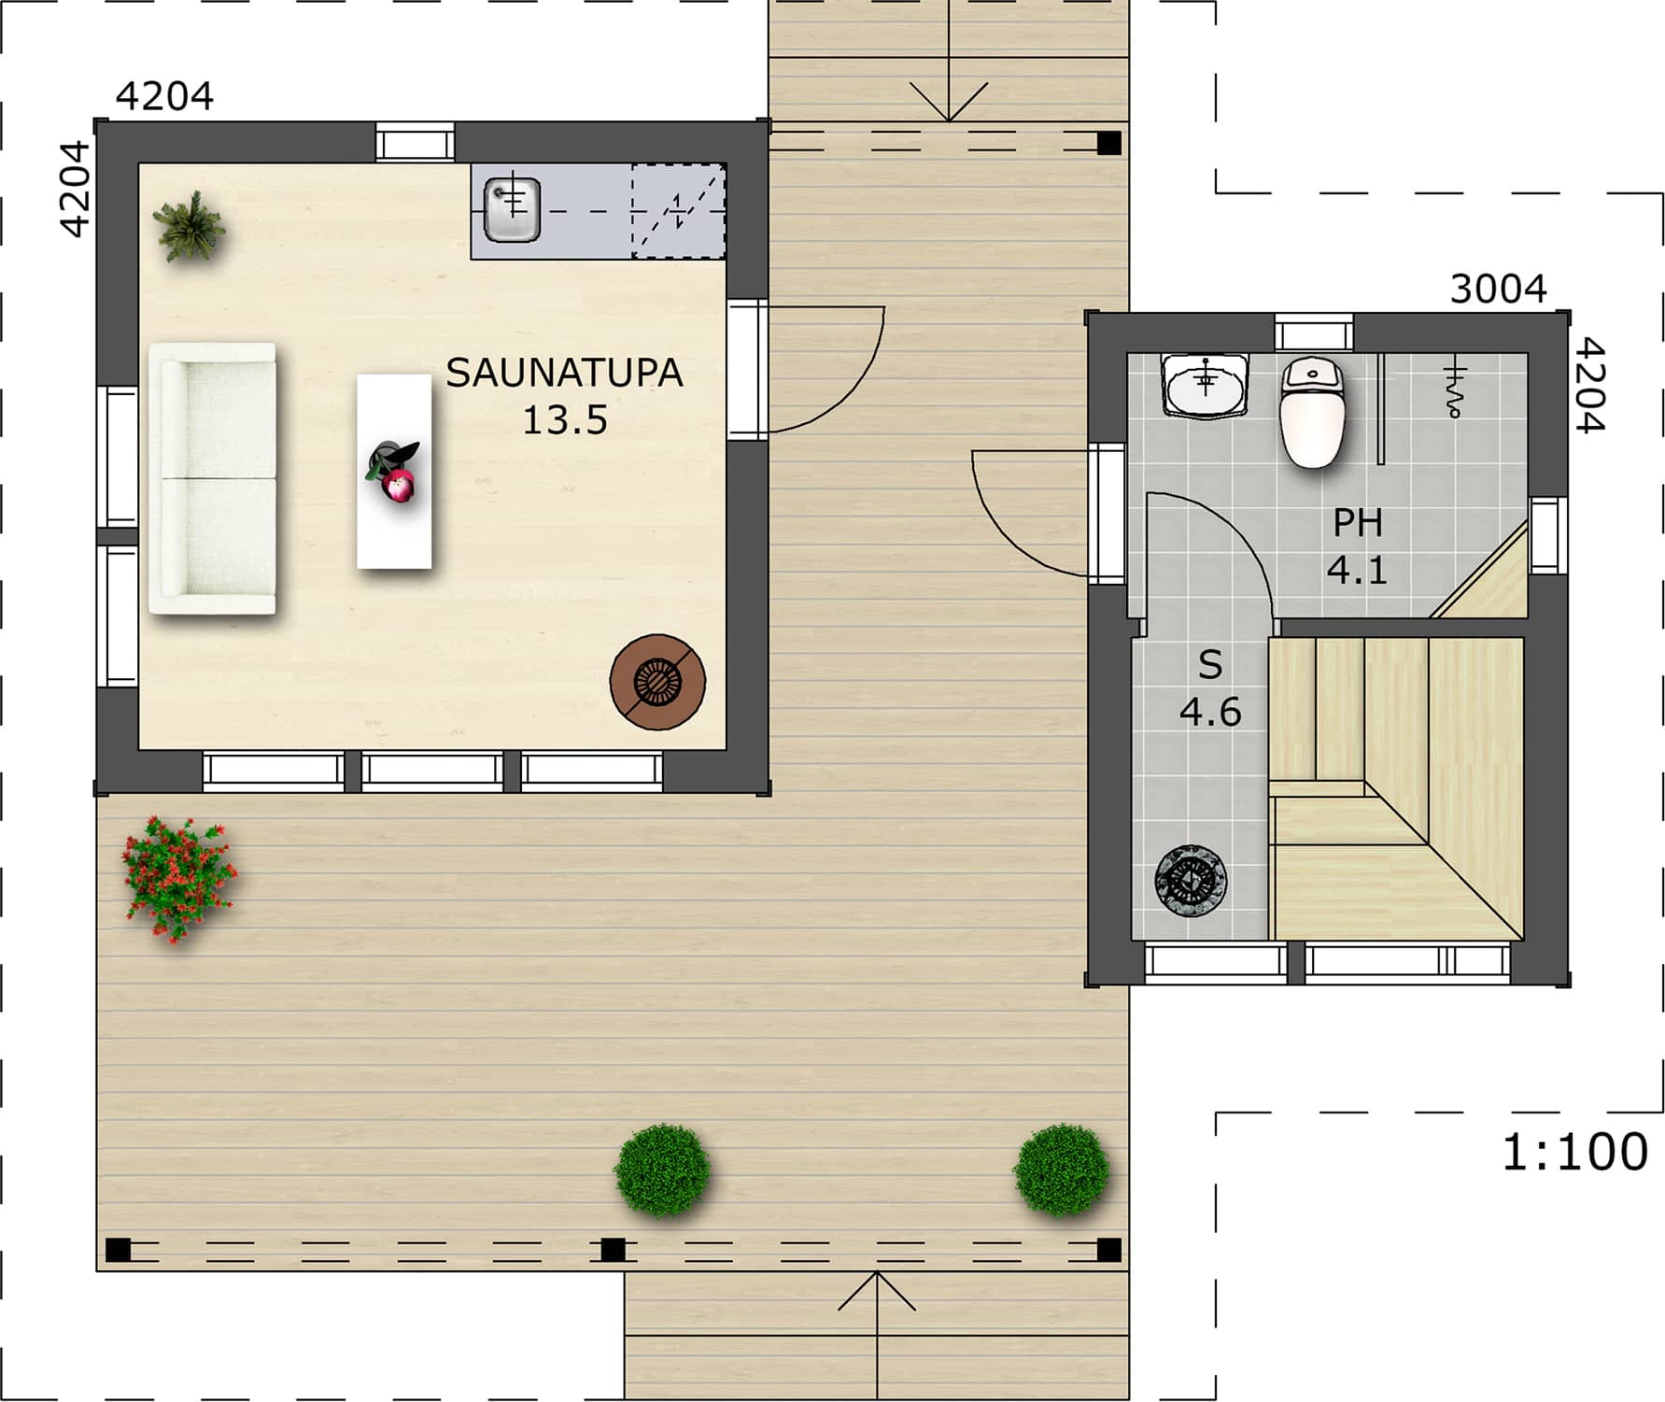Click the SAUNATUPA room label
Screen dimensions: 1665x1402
(564, 374)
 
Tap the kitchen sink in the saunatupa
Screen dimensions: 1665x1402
(512, 209)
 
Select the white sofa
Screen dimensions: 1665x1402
(213, 479)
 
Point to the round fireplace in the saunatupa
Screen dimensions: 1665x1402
(657, 682)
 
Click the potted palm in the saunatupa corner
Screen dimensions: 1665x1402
(190, 226)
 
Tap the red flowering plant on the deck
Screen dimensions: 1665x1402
(179, 878)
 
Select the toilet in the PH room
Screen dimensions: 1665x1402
(1312, 413)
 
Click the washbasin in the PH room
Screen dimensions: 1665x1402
(1206, 384)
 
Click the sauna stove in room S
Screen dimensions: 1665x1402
(1191, 881)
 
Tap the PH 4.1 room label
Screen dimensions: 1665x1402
(1357, 546)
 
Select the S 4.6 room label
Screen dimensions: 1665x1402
(1210, 688)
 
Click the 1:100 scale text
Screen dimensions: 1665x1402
(1574, 1153)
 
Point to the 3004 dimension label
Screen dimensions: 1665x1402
(1498, 290)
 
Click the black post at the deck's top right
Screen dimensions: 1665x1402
(1108, 143)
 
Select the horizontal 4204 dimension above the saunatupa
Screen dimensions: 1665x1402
(164, 96)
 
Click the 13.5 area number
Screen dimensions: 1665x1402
(564, 420)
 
